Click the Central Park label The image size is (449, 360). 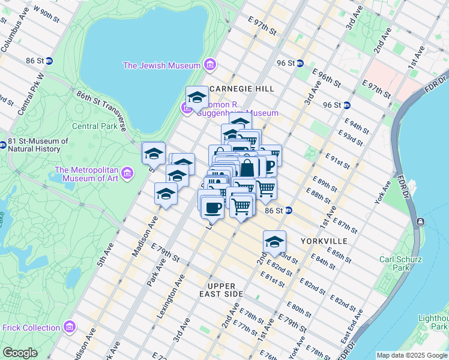pyautogui.click(x=95, y=127)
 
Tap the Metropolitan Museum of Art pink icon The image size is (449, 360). pyautogui.click(x=127, y=174)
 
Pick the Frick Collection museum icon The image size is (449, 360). pyautogui.click(x=70, y=328)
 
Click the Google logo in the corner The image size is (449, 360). pyautogui.click(x=20, y=353)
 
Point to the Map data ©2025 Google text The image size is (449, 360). pyautogui.click(x=412, y=355)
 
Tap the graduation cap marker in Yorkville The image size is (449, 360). pyautogui.click(x=274, y=242)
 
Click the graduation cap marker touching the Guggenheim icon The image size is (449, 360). pyautogui.click(x=197, y=97)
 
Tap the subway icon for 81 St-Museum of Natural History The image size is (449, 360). pyautogui.click(x=5, y=141)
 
